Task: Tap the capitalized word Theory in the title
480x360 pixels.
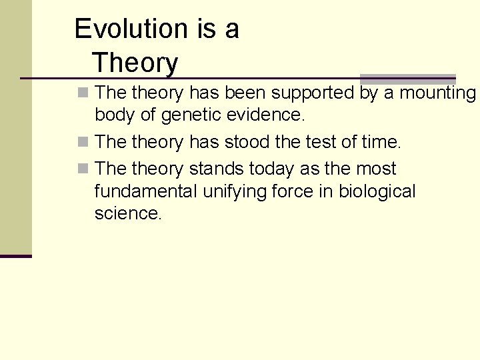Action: pos(135,63)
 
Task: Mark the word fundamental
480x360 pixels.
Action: pos(147,192)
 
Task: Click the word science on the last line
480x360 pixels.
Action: pos(127,214)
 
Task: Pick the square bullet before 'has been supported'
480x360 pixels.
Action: pos(82,93)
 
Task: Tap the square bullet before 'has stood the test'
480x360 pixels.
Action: pos(82,142)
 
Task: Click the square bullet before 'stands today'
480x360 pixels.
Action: pos(82,169)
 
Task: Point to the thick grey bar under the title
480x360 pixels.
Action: pos(407,79)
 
